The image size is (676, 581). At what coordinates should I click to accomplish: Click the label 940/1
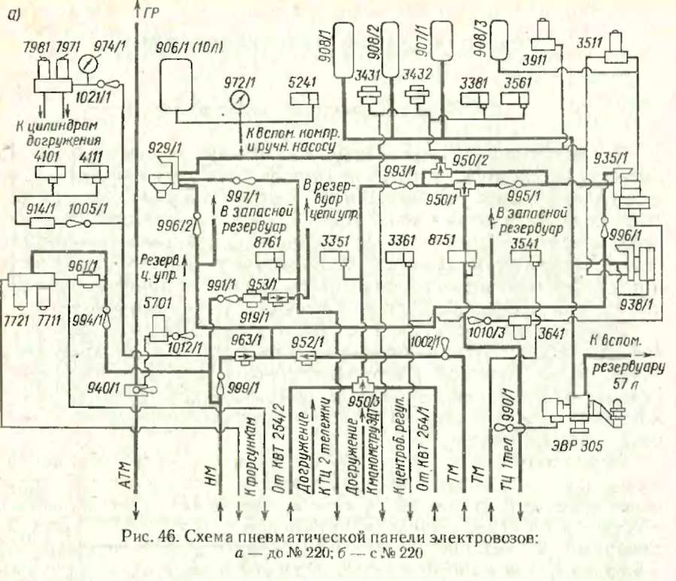pyautogui.click(x=104, y=389)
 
